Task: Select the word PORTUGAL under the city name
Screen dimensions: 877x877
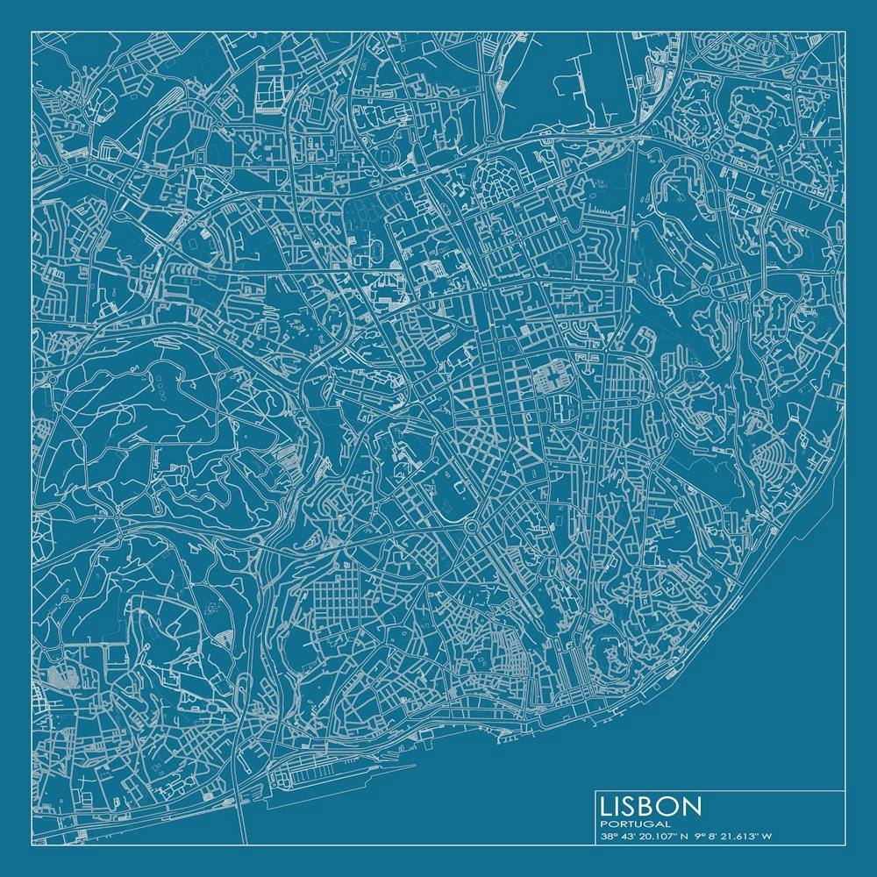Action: click(636, 824)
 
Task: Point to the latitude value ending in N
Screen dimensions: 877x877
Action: click(649, 837)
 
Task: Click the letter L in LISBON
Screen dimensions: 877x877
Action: click(608, 806)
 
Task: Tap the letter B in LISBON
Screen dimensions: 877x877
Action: click(649, 806)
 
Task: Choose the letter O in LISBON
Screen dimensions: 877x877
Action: click(670, 806)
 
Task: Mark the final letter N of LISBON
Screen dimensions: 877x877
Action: click(692, 806)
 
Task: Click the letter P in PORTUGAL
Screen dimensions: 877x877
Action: click(604, 824)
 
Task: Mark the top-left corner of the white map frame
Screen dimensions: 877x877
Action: click(32, 32)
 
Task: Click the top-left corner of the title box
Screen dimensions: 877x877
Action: click(595, 791)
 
